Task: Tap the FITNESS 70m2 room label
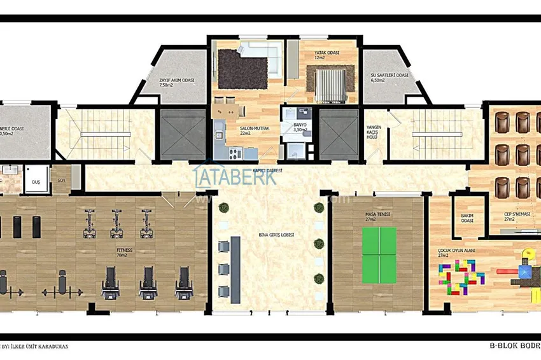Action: [124, 253]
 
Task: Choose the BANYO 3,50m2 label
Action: [300, 127]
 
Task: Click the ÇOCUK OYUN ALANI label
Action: [456, 251]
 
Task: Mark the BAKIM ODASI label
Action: [468, 218]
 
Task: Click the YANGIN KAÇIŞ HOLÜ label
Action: [374, 131]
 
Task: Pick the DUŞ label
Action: [36, 181]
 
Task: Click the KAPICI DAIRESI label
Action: [267, 171]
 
